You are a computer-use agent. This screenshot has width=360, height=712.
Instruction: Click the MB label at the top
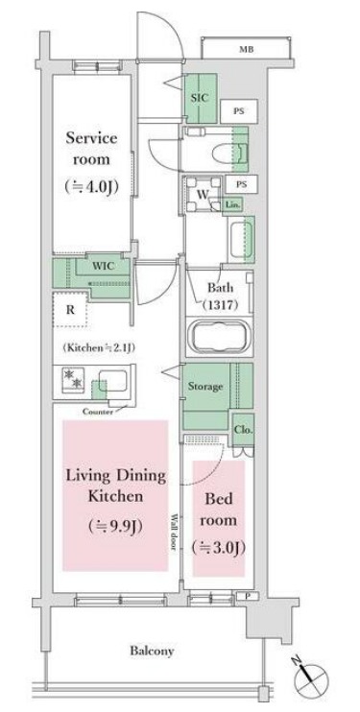247,50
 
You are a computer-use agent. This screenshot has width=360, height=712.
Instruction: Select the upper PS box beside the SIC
239,111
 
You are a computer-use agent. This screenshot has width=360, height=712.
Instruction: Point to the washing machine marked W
203,195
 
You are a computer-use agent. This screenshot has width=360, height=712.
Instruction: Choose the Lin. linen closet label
232,204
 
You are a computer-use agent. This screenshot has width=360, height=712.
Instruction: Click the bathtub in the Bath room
218,337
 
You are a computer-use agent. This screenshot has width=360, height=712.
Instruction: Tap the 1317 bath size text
221,305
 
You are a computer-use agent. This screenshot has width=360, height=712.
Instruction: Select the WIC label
103,266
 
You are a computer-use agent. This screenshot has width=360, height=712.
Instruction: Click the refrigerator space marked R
70,310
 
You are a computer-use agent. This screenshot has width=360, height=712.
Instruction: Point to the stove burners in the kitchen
73,379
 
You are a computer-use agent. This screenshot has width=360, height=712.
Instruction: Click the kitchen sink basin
113,381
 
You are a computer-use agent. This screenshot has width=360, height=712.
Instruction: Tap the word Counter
97,412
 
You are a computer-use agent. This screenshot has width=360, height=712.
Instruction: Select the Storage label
205,387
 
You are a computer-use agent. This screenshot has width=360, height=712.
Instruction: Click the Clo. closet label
243,430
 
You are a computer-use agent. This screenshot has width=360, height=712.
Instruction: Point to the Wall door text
174,533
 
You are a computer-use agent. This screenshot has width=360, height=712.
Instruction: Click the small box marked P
241,596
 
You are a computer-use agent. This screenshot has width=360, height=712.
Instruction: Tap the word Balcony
152,651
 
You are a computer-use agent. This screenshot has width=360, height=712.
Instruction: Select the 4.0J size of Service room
92,186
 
